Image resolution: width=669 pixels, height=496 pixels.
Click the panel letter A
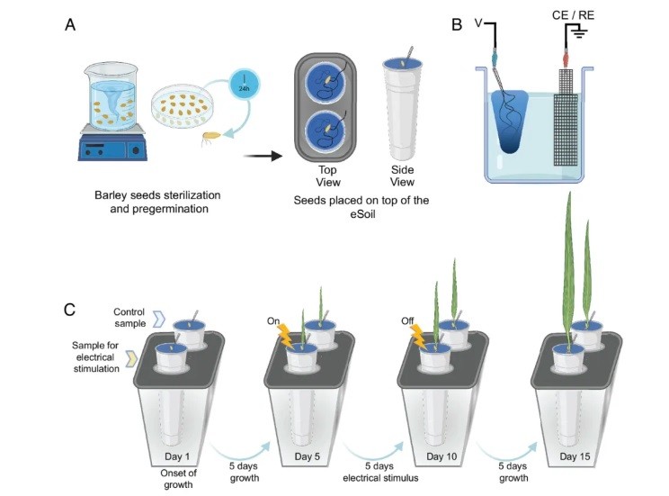pyautogui.click(x=71, y=24)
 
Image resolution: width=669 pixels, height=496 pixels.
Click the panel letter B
pyautogui.click(x=458, y=24)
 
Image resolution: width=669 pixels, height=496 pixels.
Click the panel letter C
pyautogui.click(x=71, y=309)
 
